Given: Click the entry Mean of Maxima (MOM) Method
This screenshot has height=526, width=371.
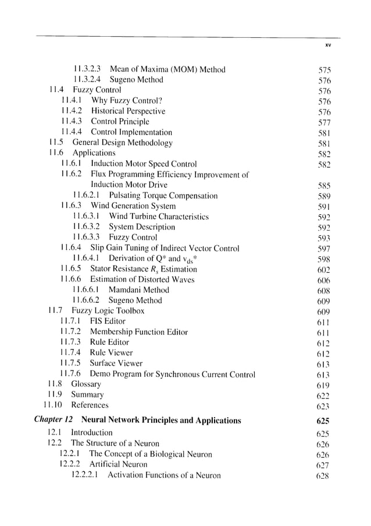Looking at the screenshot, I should click(167, 69).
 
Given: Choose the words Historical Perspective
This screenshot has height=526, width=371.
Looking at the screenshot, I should click(128, 111).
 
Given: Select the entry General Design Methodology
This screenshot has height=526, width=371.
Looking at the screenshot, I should click(122, 143).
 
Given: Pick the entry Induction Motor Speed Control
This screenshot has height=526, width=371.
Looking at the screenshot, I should click(144, 164).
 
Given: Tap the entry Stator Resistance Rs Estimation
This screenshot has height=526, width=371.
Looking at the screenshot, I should click(144, 269).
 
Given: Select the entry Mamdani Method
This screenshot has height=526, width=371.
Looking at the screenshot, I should click(139, 290).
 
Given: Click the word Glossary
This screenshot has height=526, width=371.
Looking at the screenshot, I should click(86, 384).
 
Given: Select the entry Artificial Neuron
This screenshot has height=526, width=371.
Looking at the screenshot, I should click(119, 464).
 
